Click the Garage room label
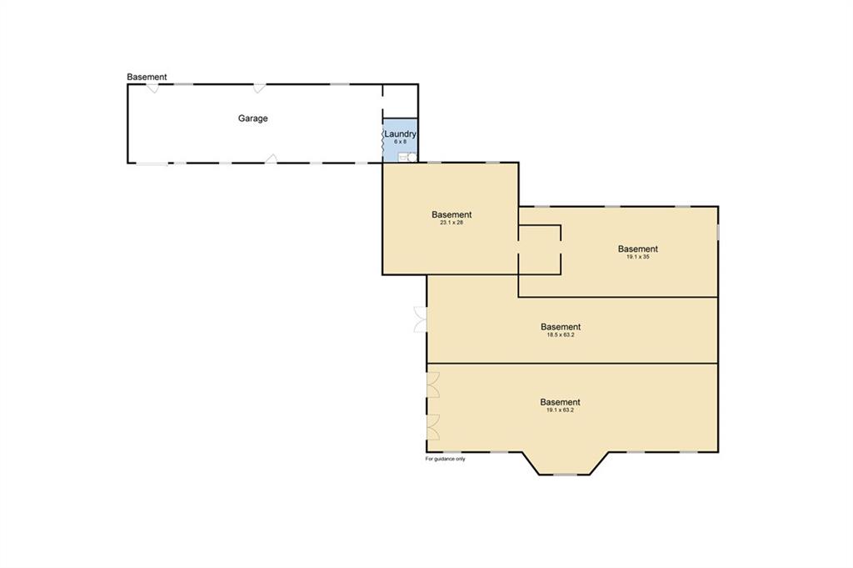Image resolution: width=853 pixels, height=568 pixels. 252,118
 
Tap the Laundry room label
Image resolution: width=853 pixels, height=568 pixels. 401,133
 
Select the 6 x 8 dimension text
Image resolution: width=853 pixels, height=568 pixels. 401,142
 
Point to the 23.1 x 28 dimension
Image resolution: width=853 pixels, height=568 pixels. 451,223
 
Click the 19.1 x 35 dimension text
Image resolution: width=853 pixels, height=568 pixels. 637,257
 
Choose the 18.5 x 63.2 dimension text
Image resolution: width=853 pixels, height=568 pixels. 561,335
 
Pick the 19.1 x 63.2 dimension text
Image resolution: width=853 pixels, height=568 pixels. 560,410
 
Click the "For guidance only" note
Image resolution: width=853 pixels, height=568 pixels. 445,459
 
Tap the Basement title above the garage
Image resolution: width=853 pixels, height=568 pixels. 147,77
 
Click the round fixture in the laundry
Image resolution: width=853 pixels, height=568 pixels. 412,158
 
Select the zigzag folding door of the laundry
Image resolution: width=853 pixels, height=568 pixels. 383,141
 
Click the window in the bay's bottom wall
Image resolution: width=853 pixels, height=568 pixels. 566,475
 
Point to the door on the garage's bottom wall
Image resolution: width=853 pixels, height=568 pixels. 271,158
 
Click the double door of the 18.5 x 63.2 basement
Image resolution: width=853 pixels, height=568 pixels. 421,319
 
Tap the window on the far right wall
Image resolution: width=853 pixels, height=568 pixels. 718,231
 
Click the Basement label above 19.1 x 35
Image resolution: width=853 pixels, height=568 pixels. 637,249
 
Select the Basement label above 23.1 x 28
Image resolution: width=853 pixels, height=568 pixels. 451,214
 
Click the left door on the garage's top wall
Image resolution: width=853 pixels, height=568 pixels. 153,88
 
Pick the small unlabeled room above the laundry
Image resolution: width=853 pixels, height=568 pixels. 401,101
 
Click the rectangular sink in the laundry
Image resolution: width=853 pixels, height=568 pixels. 402,158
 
